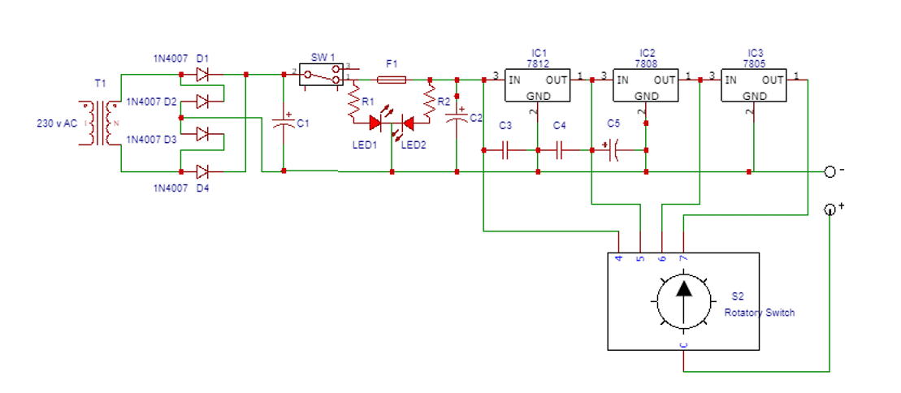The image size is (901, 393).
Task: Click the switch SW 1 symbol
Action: [318, 76]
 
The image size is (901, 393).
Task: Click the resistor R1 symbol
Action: [353, 102]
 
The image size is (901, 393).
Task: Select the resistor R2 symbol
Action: [430, 102]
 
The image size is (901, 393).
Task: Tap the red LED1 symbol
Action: [376, 123]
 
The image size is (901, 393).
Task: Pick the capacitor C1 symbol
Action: [284, 123]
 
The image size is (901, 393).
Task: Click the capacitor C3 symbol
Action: [505, 150]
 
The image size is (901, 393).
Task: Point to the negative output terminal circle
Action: [830, 171]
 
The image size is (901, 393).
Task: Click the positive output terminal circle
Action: [830, 209]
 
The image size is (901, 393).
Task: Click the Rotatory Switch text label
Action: [759, 313]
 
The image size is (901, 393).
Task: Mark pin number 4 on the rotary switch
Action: [619, 258]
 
